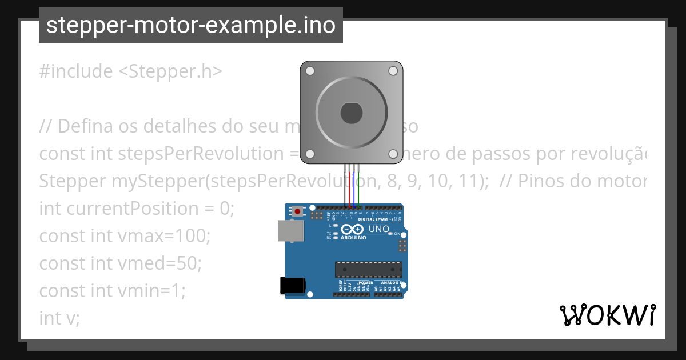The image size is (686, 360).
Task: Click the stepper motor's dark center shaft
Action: (351, 113)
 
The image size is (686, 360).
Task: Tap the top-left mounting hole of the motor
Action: (310, 71)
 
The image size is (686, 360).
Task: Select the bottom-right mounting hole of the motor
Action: (393, 154)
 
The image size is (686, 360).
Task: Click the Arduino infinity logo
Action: (352, 230)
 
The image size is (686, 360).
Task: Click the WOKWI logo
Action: (607, 315)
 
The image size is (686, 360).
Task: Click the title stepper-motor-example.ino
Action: (191, 25)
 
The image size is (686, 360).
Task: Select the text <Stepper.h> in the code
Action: (170, 71)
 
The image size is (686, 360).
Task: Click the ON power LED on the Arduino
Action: (389, 233)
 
